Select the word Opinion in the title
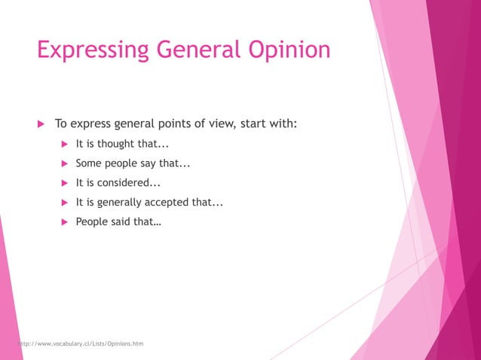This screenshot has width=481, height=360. coord(290,50)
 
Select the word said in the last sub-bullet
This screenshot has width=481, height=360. coord(120,221)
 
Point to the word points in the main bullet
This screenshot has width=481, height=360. coord(172,124)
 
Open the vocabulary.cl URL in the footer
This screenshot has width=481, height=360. coord(80,344)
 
